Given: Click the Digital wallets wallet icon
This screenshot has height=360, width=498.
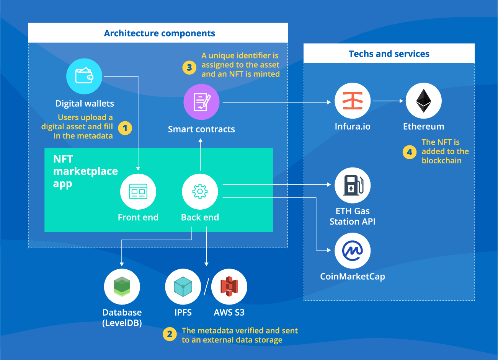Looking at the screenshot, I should (x=84, y=76).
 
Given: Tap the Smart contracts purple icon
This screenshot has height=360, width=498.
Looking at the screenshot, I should (x=201, y=102).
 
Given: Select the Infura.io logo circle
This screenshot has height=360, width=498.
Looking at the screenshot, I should (x=353, y=101).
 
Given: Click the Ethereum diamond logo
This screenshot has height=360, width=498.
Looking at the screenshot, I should (x=423, y=101).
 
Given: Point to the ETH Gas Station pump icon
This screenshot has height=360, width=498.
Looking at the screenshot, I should (x=353, y=185).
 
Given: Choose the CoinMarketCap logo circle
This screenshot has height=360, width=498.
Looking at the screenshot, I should (x=353, y=251).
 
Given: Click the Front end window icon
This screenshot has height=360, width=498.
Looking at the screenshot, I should (x=138, y=192).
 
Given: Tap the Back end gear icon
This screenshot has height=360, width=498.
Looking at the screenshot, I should (x=200, y=192).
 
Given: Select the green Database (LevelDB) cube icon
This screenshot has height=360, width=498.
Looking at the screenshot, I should (x=122, y=287).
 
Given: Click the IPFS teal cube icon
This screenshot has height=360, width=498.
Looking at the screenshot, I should (x=183, y=287).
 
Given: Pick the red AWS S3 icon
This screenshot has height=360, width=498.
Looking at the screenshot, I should (x=229, y=287).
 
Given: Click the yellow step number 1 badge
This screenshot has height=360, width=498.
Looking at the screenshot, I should (x=125, y=128).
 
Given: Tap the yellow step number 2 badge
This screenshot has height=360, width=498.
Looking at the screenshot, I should (x=170, y=334).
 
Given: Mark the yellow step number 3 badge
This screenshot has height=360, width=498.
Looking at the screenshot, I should (x=189, y=68).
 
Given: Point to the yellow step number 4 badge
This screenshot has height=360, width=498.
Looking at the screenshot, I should (x=409, y=152).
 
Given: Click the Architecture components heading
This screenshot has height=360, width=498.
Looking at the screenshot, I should (x=160, y=33).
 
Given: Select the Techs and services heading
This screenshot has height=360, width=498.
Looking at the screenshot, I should (x=389, y=54).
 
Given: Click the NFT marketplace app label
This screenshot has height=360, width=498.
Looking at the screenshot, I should (x=85, y=171).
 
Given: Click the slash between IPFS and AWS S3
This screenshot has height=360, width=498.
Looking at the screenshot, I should (x=206, y=287).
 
